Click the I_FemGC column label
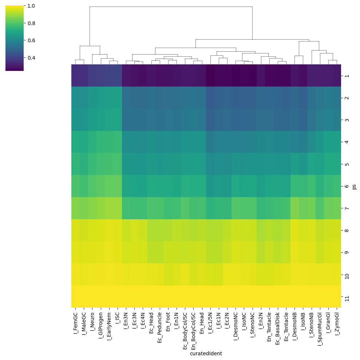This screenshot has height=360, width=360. pyautogui.click(x=76, y=323)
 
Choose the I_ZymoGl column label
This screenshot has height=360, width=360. pyautogui.click(x=337, y=324)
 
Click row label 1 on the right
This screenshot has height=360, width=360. pyautogui.click(x=347, y=76)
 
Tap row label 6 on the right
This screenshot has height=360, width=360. pyautogui.click(x=347, y=186)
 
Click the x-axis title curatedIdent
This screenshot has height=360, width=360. pyautogui.click(x=206, y=353)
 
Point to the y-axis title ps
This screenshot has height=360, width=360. pyautogui.click(x=354, y=186)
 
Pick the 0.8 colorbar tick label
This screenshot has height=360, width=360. pyautogui.click(x=31, y=23)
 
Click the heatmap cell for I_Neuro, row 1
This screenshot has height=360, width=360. pyautogui.click(x=92, y=76)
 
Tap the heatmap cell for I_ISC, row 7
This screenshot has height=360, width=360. pyautogui.click(x=118, y=208)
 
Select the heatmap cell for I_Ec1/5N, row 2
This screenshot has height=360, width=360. pyautogui.click(x=210, y=97)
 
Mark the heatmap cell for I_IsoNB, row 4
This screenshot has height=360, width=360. pyautogui.click(x=303, y=142)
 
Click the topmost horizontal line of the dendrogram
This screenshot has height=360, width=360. pyautogui.click(x=171, y=7)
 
